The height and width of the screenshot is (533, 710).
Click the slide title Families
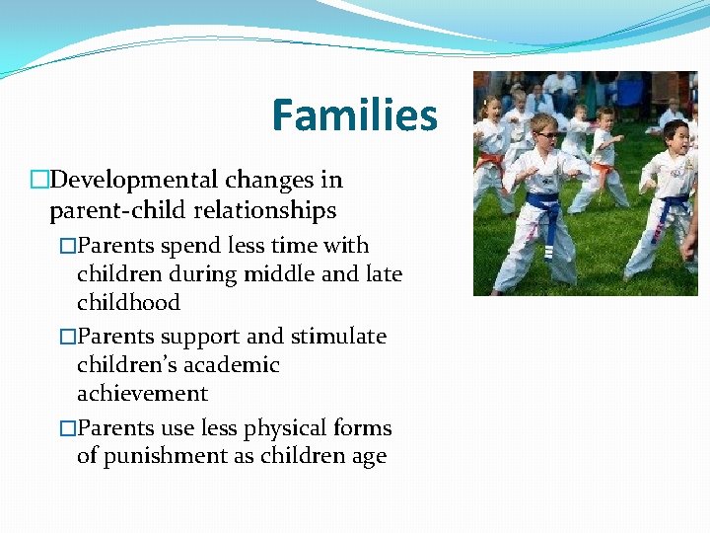pyautogui.click(x=354, y=115)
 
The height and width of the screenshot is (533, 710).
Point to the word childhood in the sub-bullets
pyautogui.click(x=128, y=302)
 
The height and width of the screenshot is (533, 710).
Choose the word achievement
pyautogui.click(x=142, y=394)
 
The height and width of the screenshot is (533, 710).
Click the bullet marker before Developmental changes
pyautogui.click(x=39, y=181)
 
